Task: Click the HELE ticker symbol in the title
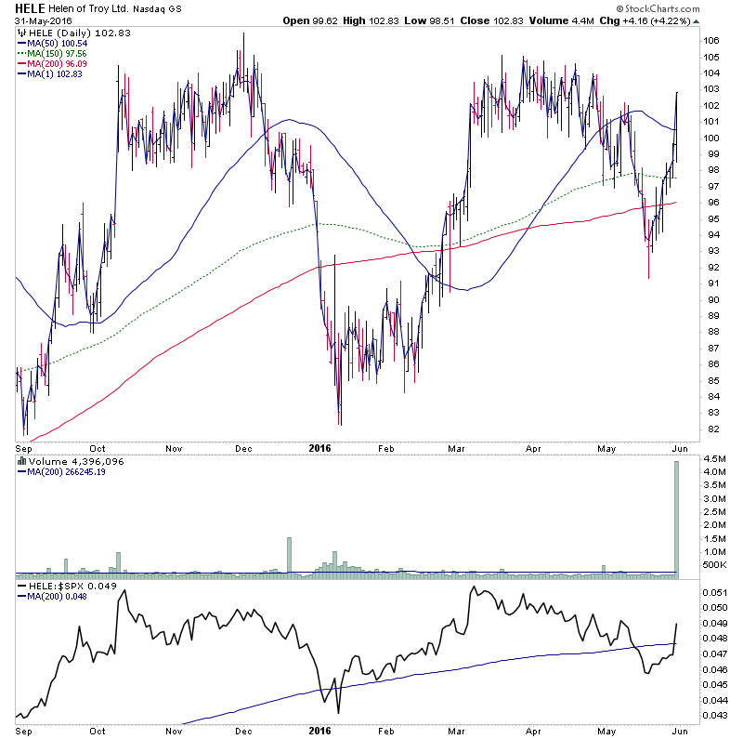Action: tap(31, 8)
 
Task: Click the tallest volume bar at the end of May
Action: tap(677, 521)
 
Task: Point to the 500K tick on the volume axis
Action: tap(712, 563)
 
